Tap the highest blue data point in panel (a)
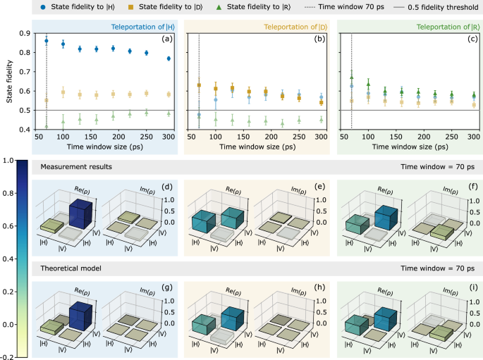coord(47,41)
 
